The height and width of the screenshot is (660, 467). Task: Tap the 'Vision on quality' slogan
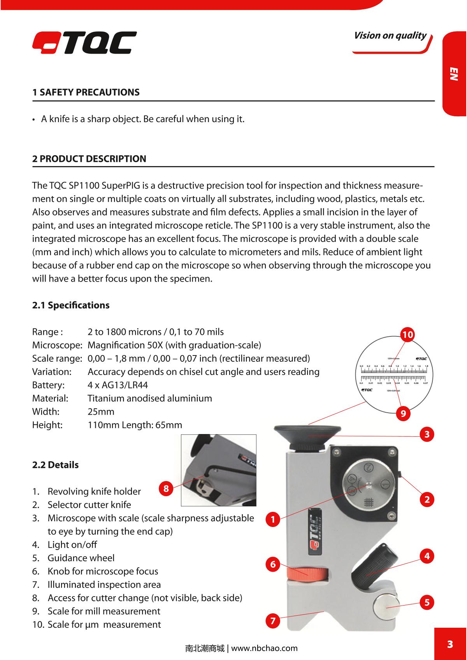390,36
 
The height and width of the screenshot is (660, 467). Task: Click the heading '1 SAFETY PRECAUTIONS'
86,93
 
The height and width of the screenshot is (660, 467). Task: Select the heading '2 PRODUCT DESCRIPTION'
90,159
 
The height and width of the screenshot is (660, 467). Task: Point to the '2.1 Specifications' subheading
71,305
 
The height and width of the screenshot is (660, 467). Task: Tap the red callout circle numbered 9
403,413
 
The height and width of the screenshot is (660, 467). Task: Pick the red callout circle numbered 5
427,603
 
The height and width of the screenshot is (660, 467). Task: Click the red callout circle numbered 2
427,499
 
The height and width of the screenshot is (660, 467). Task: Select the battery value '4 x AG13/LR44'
118,385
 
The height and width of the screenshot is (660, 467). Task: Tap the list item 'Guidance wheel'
81,558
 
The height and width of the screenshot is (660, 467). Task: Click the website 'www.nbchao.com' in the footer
264,648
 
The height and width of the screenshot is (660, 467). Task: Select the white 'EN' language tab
454,74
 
